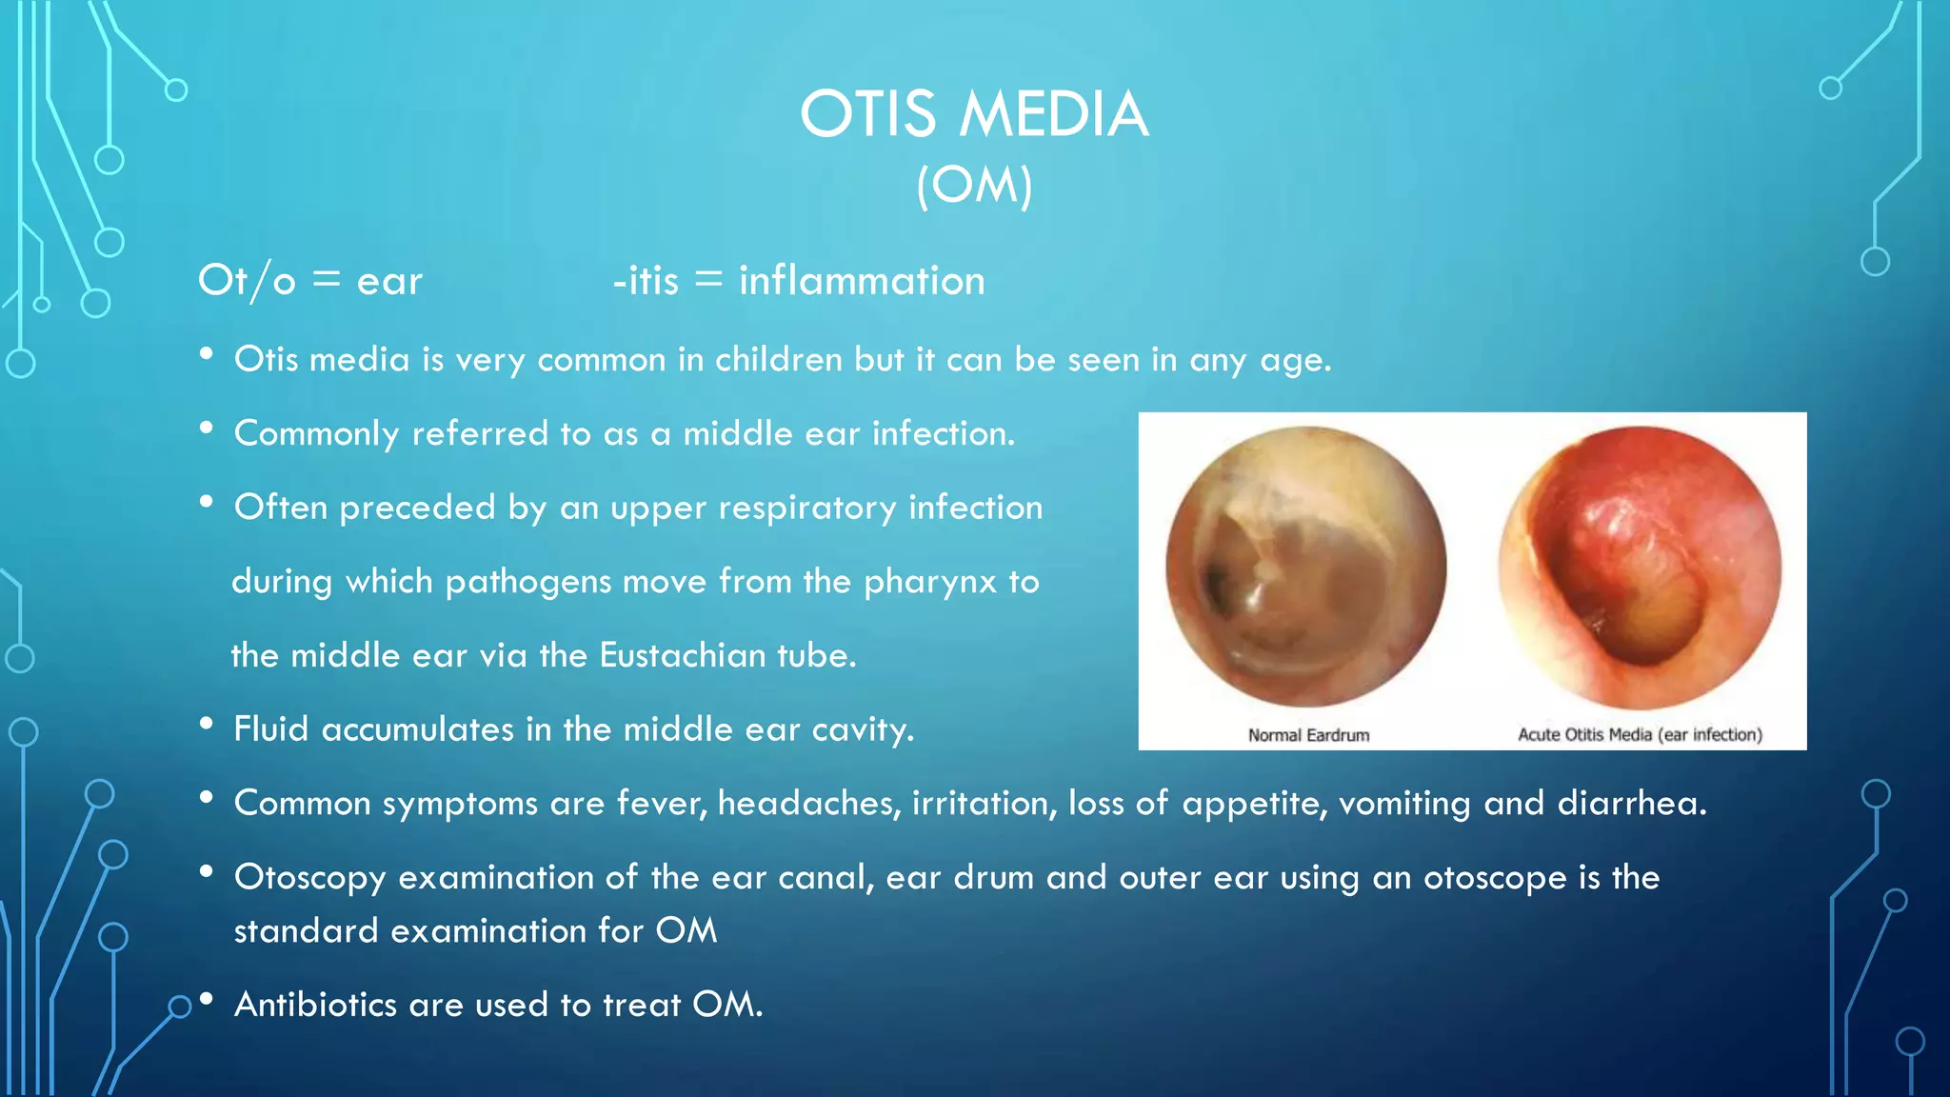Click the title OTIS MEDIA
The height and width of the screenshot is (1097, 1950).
coord(973,114)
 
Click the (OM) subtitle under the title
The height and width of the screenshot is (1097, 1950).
coord(973,185)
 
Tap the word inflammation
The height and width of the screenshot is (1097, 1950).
coord(862,281)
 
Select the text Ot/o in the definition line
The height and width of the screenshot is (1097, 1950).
coord(247,281)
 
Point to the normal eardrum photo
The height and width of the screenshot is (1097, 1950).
coord(1305,568)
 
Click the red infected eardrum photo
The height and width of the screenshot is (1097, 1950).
coord(1639,568)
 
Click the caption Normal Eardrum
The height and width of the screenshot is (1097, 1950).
coord(1308,735)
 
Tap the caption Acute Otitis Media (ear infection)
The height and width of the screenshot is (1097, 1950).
coord(1639,735)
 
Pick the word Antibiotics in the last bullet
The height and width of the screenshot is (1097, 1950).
coord(315,1005)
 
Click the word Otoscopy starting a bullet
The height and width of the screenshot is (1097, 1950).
coord(309,878)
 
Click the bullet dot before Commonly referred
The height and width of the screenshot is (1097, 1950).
coord(207,429)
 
